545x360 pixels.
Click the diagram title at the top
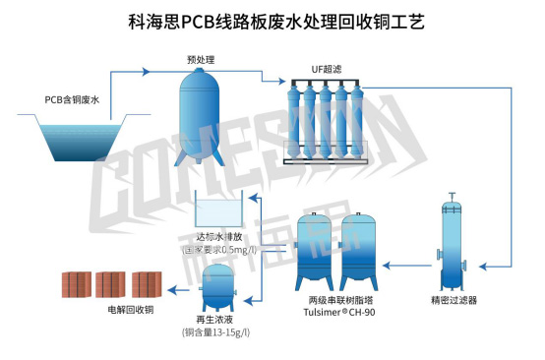[x=272, y=20]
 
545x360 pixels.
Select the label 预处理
[x=201, y=60]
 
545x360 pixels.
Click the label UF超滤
[x=318, y=71]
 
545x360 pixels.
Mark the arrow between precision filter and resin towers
[x=405, y=265]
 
